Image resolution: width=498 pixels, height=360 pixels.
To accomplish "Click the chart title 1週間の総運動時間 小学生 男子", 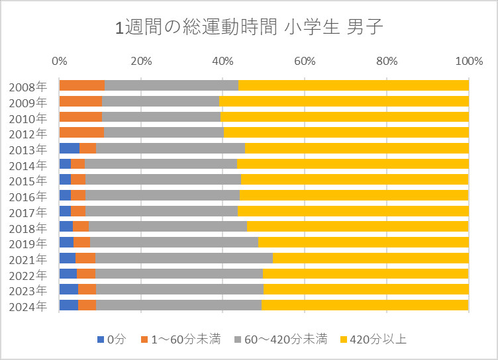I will click(249, 27).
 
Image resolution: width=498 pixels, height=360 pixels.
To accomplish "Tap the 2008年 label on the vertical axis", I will click(28, 86).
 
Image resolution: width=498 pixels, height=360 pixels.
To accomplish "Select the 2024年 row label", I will click(28, 306).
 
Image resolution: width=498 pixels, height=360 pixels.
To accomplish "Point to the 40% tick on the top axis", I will click(223, 62).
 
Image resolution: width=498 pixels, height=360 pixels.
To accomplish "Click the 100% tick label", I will click(469, 62).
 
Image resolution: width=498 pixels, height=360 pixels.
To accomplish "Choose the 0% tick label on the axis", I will click(60, 62).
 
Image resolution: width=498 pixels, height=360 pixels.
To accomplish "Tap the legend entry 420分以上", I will click(375, 339).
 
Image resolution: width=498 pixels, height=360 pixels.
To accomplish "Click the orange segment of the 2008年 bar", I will click(82, 85).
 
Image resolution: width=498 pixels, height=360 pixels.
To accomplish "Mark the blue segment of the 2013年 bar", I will click(69, 148).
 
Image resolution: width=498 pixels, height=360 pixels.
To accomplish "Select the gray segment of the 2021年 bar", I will click(183, 257).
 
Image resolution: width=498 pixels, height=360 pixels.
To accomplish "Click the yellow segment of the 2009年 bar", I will click(344, 101).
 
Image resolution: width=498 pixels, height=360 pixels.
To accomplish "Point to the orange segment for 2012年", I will click(81, 132).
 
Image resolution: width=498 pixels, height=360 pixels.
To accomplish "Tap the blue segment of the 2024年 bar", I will click(68, 305).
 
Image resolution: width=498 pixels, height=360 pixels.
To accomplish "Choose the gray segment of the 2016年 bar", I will click(162, 195).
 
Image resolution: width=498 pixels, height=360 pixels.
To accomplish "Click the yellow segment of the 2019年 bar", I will click(363, 242).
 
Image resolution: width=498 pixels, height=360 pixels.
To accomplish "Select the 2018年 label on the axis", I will click(28, 227).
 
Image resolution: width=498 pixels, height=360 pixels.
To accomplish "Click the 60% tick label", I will click(304, 62).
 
